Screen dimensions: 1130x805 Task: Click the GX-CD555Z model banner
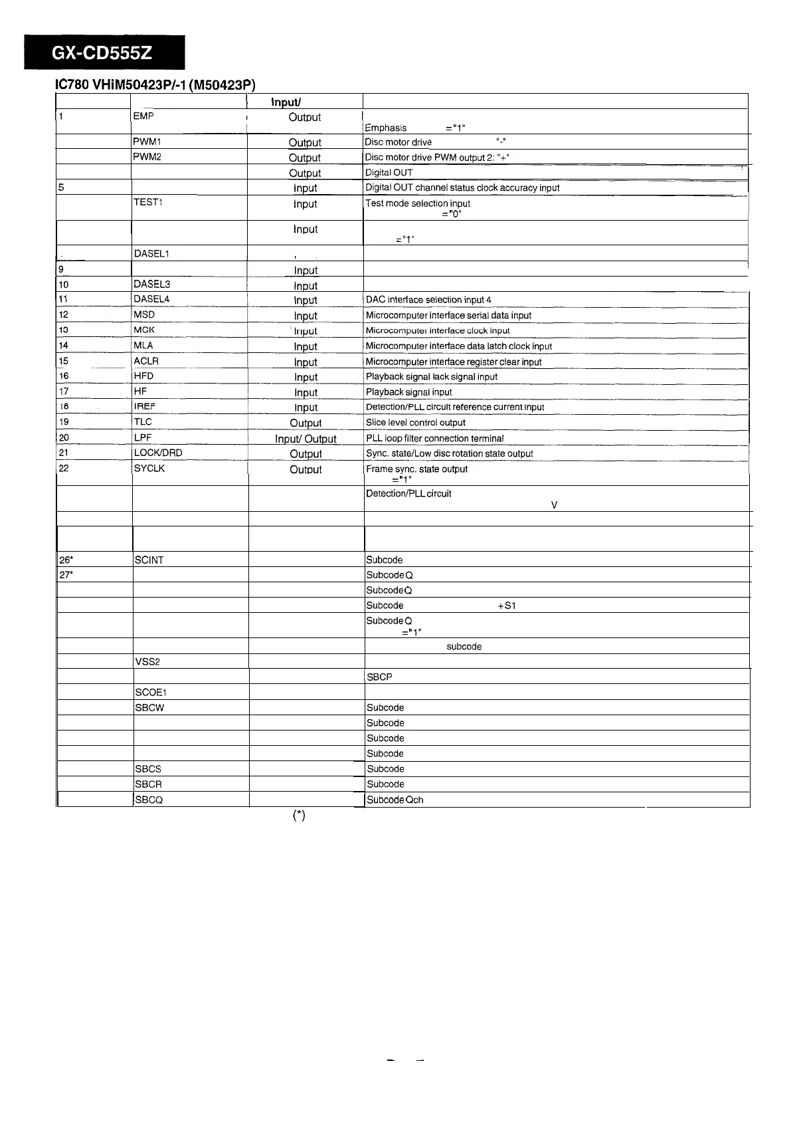[104, 53]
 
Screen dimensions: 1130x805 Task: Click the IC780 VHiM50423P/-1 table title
[155, 84]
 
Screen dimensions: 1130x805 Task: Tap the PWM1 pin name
[147, 142]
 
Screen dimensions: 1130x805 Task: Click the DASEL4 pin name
[151, 299]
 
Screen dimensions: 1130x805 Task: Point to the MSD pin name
[144, 314]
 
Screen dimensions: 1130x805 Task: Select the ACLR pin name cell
[146, 361]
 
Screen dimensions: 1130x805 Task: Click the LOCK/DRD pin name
[158, 453]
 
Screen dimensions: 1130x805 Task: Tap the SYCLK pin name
[149, 469]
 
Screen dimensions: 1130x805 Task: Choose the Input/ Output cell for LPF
[306, 439]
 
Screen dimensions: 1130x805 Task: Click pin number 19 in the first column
[64, 422]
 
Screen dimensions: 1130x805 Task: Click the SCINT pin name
[149, 560]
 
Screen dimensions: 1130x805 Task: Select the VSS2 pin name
[147, 662]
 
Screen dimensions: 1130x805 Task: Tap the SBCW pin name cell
[149, 708]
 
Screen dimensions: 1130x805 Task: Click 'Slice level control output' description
[416, 423]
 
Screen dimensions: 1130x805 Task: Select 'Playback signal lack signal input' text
[432, 377]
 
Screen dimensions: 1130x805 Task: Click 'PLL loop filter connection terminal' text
[435, 439]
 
